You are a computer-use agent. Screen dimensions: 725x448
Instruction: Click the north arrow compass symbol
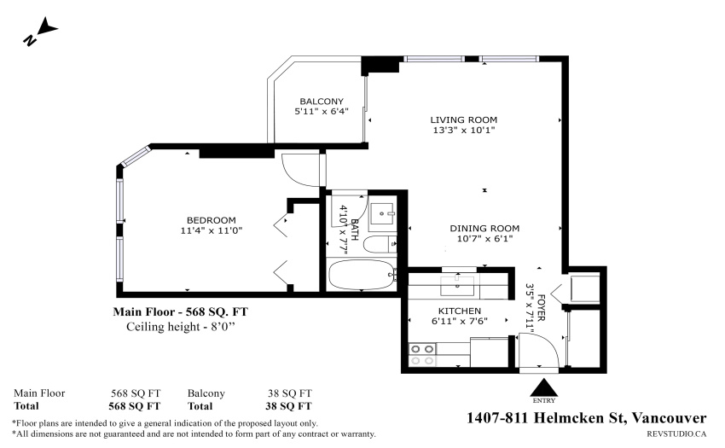click(40, 31)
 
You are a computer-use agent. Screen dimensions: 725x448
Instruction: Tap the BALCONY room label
click(322, 102)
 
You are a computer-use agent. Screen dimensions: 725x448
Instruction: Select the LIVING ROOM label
click(464, 119)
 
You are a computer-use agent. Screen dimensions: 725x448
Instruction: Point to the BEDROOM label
click(212, 220)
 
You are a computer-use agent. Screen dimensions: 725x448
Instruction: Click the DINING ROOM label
click(484, 228)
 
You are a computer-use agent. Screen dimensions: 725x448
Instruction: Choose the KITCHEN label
click(460, 311)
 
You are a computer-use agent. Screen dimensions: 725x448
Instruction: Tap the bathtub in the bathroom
click(361, 275)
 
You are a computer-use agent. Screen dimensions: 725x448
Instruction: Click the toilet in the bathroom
click(380, 244)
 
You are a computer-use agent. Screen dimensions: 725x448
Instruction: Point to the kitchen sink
click(457, 286)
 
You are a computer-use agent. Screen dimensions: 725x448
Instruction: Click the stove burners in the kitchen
click(422, 354)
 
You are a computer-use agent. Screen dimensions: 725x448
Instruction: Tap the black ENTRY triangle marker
click(544, 387)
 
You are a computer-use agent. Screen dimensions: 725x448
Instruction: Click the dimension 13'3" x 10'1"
click(464, 130)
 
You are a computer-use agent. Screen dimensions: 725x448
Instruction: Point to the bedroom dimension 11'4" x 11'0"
click(212, 230)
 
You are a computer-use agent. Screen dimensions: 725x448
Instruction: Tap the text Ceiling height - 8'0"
click(181, 327)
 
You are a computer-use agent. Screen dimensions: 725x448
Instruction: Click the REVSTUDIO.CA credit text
click(676, 433)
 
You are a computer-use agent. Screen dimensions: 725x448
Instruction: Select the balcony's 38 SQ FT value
click(290, 393)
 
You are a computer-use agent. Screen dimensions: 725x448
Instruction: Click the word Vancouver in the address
click(669, 418)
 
